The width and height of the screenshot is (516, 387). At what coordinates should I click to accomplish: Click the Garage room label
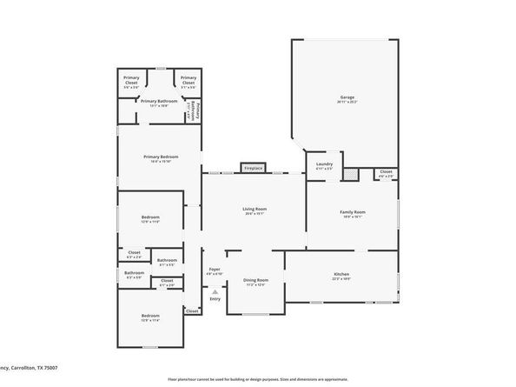(347, 97)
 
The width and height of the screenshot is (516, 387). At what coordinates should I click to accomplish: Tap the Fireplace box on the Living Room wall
(253, 167)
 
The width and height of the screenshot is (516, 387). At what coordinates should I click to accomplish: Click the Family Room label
(352, 212)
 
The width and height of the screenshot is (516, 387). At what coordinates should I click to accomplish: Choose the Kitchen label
(341, 275)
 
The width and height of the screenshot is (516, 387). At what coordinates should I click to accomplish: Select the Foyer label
(213, 270)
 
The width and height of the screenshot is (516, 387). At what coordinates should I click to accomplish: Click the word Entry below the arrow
(215, 298)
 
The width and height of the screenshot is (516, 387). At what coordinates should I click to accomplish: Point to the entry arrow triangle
(215, 291)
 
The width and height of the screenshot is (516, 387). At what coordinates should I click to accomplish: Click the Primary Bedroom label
(161, 157)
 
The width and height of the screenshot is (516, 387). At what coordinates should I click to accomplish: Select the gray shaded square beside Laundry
(350, 174)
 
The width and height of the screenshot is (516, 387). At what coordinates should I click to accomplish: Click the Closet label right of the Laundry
(386, 172)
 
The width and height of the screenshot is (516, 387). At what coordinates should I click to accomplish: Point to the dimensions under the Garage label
(347, 102)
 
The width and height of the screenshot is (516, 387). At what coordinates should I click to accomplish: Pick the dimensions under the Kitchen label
(341, 280)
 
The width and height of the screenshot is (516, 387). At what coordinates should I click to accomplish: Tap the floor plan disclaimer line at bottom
(258, 380)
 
